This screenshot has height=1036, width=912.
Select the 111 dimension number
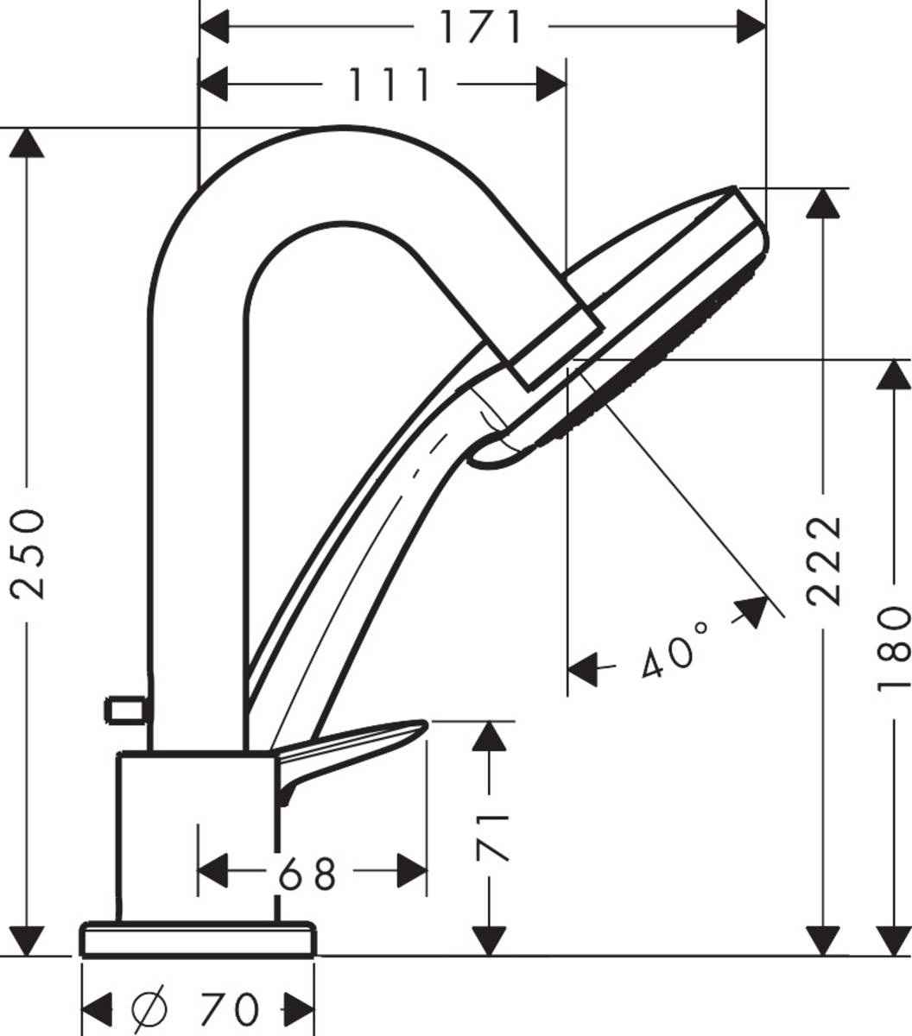389,85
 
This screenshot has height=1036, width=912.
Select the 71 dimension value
492,837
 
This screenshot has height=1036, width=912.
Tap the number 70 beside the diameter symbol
229,1008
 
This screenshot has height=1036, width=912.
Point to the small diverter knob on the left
126,710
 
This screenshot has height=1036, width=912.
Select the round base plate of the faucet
198,939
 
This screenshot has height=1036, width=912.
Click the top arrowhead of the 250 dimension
28,143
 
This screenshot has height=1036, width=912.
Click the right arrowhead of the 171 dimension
751,27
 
